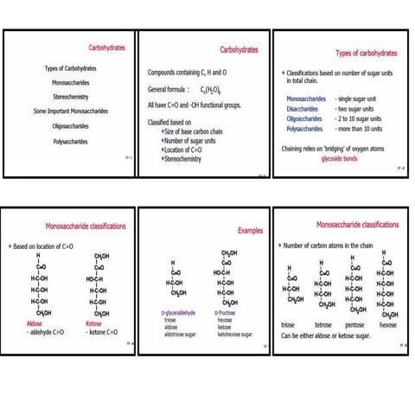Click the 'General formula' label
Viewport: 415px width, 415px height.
point(169,88)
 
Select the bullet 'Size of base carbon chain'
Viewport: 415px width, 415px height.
point(201,132)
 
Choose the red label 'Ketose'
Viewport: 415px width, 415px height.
point(98,322)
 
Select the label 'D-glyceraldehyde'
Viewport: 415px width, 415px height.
point(181,312)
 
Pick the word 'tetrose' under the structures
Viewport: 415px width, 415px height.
point(322,324)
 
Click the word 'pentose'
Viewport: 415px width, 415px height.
point(354,324)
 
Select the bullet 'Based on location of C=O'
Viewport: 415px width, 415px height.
point(48,246)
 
